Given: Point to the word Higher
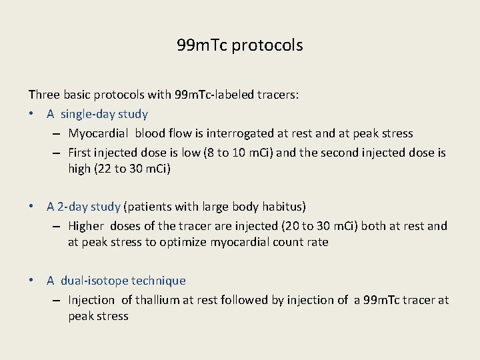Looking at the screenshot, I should tap(86, 226).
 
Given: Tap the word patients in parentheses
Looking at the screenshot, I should tap(149, 207).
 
